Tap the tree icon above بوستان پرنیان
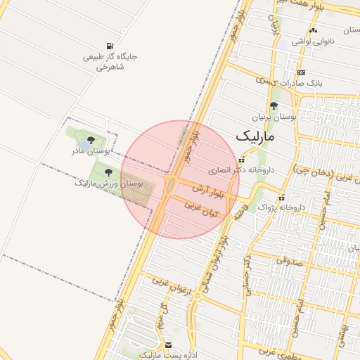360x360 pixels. [274, 106]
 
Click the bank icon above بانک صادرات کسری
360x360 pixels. [302, 72]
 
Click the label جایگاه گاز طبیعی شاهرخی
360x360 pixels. [110, 62]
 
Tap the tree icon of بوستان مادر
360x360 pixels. [91, 140]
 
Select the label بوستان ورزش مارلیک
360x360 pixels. [109, 183]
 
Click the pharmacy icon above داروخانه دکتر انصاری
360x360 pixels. [242, 160]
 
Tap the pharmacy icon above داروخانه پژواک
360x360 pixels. [283, 198]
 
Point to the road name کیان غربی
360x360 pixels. [202, 209]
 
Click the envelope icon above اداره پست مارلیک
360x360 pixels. [168, 345]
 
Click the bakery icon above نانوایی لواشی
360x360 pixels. [313, 30]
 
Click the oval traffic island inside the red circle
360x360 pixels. [171, 186]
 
